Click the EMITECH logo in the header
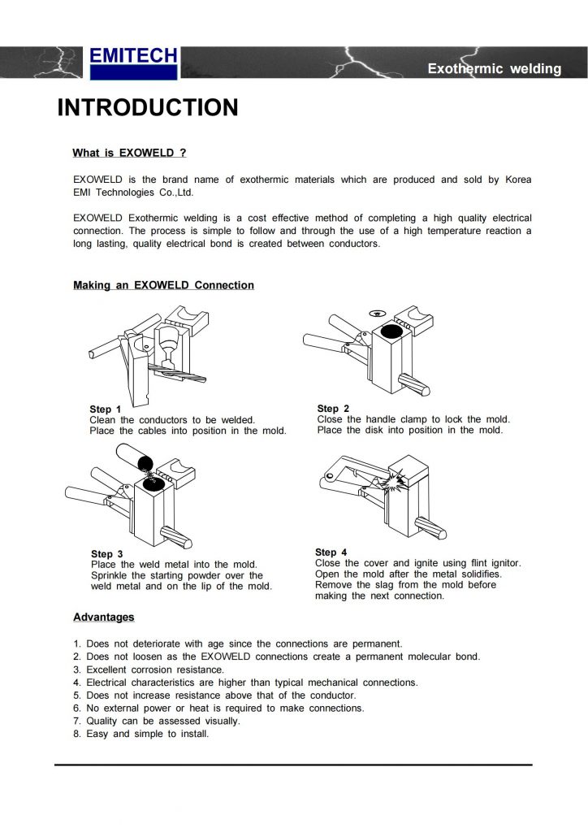(x=133, y=62)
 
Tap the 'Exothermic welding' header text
(x=494, y=69)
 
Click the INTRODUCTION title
(x=147, y=108)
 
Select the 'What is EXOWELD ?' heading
(x=130, y=153)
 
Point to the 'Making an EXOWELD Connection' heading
(x=163, y=285)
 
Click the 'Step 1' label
(x=106, y=409)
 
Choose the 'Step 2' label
(x=333, y=409)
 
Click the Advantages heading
(x=104, y=617)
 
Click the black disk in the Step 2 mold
(x=387, y=332)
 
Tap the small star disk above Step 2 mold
(x=375, y=313)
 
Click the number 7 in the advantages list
(x=76, y=721)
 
